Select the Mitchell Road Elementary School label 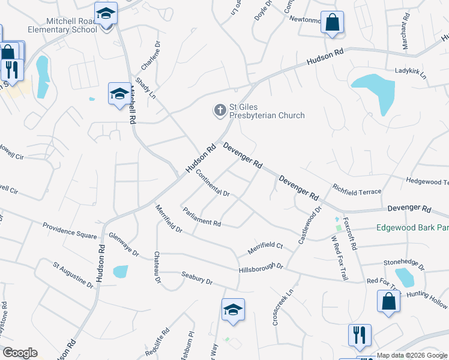[61, 25]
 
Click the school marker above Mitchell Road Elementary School [106, 13]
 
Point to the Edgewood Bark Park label [412, 228]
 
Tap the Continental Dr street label [212, 184]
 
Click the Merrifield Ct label [265, 248]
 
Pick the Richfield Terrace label [357, 188]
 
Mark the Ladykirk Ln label [410, 73]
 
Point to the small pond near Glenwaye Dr [120, 271]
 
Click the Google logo [20, 353]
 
